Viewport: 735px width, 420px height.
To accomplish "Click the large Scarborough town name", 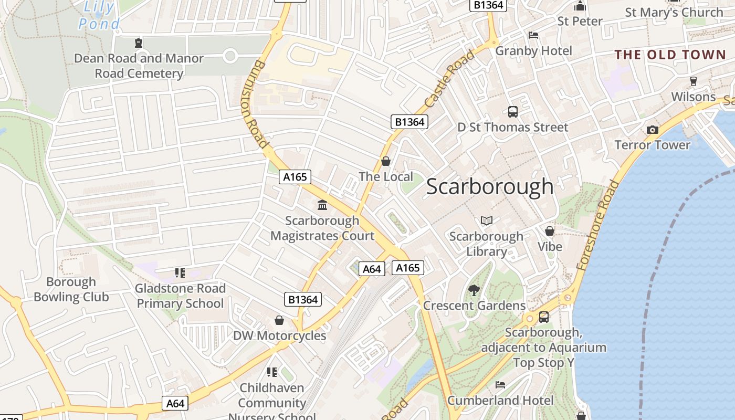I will (x=489, y=186).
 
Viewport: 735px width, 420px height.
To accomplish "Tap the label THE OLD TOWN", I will (x=670, y=55).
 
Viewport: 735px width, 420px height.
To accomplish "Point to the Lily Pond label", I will (x=99, y=15).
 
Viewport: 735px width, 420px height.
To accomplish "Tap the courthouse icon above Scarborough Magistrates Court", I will (x=322, y=205).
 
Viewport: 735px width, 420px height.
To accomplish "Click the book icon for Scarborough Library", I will (x=487, y=220).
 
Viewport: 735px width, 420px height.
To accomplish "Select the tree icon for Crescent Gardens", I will (x=474, y=290).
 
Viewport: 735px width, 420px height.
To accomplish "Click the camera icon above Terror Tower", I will (x=652, y=130).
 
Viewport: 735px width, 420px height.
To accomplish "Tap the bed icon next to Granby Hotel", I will (x=533, y=35).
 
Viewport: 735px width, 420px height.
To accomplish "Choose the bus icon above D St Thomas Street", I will (x=513, y=111).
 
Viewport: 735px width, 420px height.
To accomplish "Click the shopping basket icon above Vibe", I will (x=550, y=231).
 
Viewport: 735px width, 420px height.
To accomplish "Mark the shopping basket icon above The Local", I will (x=386, y=161).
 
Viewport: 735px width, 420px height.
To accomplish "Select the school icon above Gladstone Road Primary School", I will (x=180, y=272).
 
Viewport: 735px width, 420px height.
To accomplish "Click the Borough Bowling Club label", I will (x=71, y=289).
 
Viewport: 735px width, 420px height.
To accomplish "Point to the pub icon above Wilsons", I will (x=693, y=81).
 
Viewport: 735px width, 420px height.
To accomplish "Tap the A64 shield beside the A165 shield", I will (x=372, y=269).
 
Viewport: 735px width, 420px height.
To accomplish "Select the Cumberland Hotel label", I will (x=500, y=401).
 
